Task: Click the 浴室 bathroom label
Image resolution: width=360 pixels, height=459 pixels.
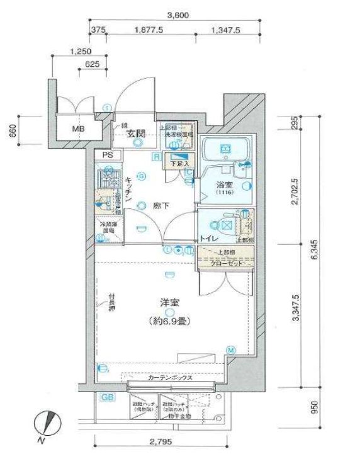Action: coord(225,186)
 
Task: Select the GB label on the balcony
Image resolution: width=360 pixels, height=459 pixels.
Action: coord(108,398)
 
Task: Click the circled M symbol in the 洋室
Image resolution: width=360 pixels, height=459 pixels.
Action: coord(231,350)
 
